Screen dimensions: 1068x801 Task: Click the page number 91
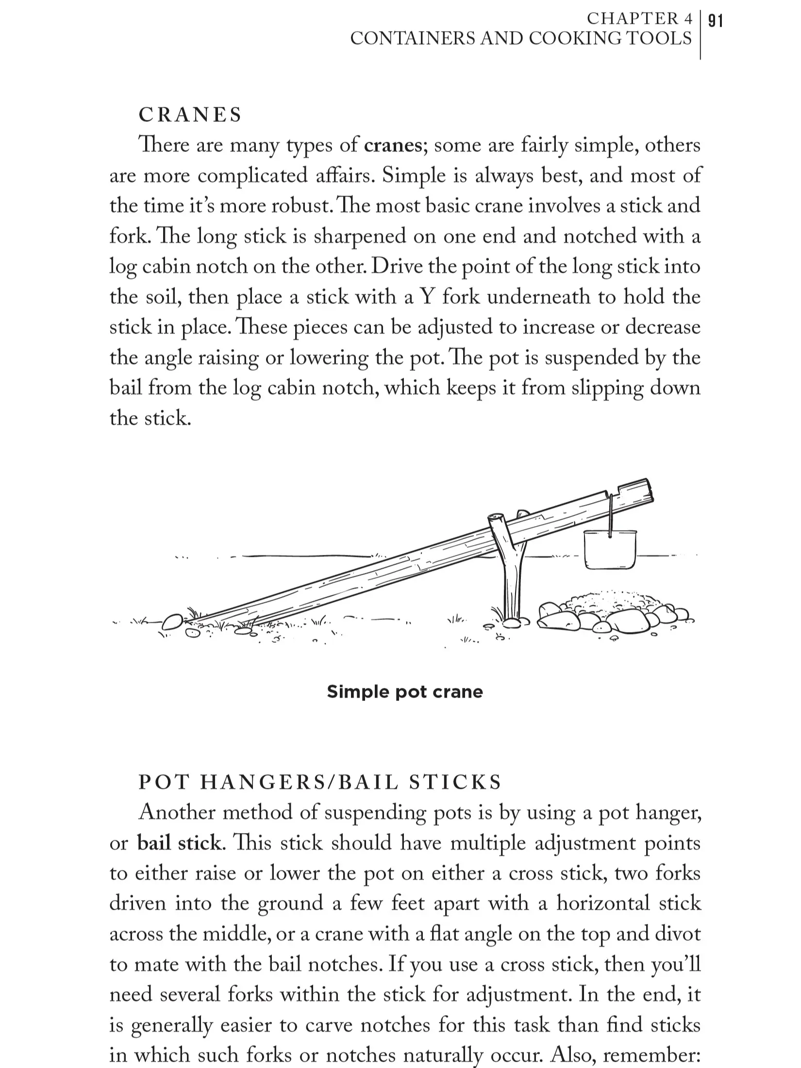click(x=715, y=21)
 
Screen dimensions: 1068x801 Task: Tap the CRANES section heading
click(x=190, y=115)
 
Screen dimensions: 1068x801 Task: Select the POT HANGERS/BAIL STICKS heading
click(x=319, y=782)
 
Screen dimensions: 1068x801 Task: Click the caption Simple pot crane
click(x=404, y=691)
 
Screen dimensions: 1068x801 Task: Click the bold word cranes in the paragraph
click(x=393, y=146)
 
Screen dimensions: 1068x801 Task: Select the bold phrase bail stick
click(x=179, y=843)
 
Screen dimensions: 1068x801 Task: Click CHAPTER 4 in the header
click(x=639, y=18)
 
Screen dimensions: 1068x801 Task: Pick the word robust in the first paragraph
click(x=300, y=206)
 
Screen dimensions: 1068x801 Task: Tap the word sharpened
click(x=360, y=236)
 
